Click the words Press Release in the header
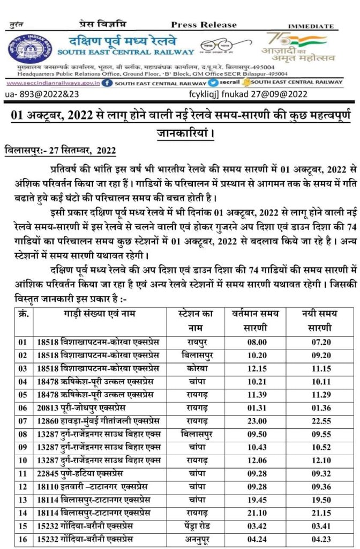(x=204, y=25)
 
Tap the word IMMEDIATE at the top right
(x=310, y=26)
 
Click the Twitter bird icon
(x=214, y=83)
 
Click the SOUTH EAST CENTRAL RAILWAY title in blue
(x=126, y=52)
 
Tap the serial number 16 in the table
(x=22, y=538)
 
